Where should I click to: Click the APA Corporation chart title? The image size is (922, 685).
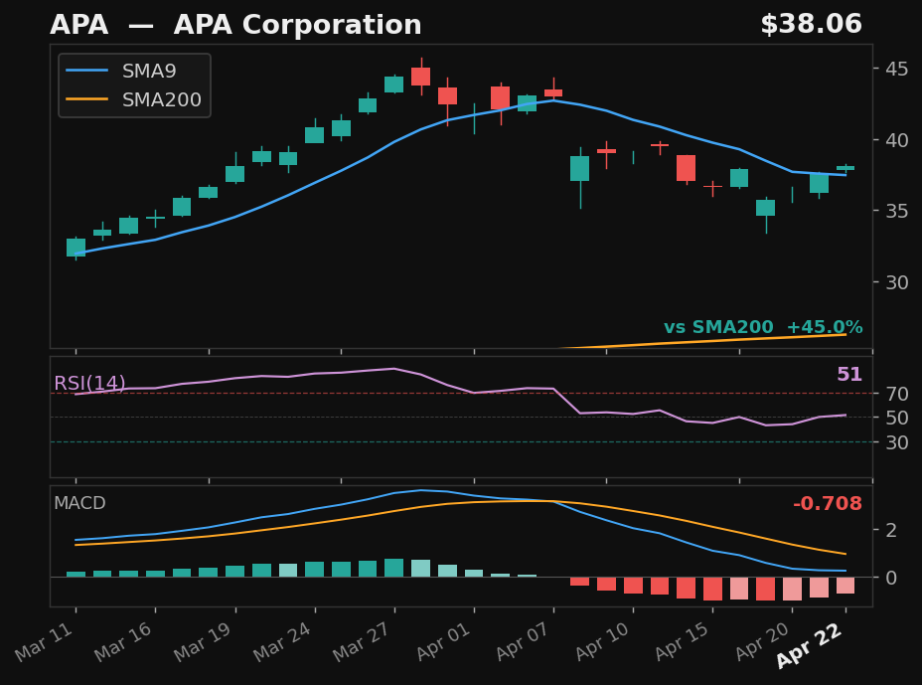235,26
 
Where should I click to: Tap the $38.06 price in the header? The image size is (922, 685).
811,25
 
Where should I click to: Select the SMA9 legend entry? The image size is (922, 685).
149,72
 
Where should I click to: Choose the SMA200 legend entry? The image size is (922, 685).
161,100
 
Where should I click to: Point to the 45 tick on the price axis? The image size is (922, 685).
896,69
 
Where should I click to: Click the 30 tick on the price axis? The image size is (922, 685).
896,282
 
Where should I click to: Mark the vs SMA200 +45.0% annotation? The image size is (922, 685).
762,327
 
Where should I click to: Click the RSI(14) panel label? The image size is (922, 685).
89,384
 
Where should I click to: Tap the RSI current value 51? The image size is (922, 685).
848,375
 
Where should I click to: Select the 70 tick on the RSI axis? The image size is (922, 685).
896,394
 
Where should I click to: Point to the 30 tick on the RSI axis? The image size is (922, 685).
896,442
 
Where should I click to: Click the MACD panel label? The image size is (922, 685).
79,503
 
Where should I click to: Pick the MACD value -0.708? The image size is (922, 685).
827,504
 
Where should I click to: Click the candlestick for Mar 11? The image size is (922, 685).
76,248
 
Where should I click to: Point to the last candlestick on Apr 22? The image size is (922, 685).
845,168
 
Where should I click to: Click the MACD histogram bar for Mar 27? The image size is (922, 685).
394,568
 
